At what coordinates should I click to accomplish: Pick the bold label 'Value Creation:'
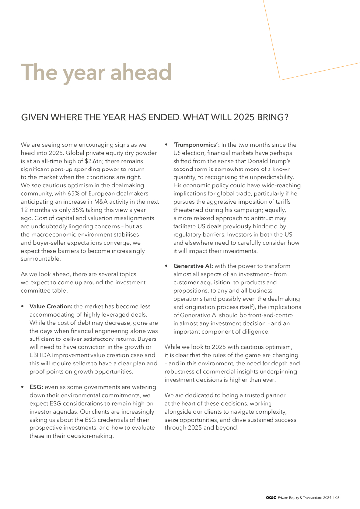pos(51,306)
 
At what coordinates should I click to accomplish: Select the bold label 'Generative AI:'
pos(193,266)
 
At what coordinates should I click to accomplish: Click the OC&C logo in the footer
pos(270,497)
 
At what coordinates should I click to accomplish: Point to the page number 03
pos(337,497)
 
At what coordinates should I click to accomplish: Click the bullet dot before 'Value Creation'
pos(23,307)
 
